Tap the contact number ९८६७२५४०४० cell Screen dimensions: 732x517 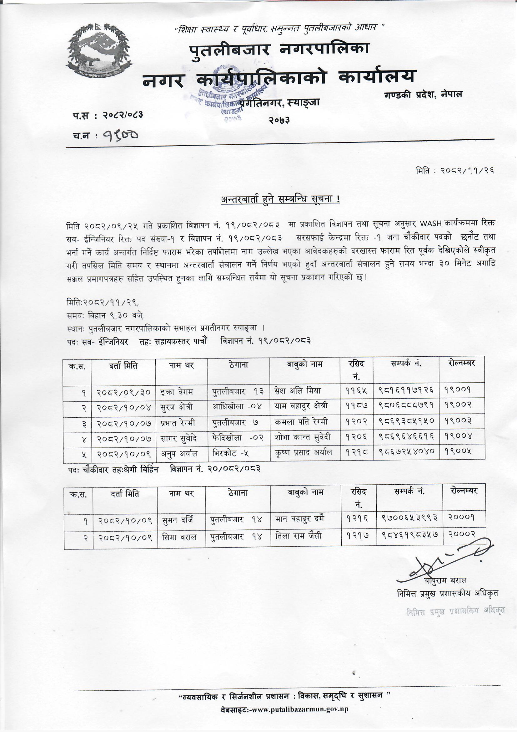click(x=406, y=452)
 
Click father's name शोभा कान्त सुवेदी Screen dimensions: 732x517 click(x=303, y=437)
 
